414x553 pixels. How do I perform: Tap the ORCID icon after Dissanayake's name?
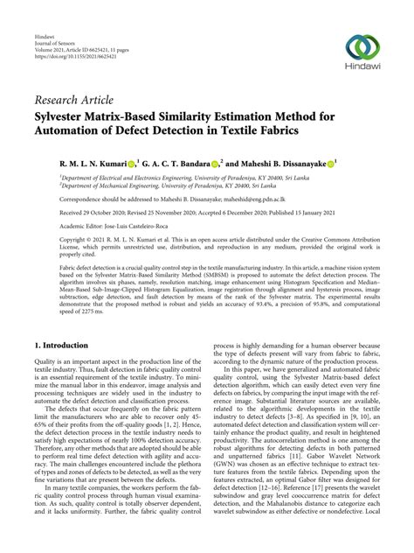click(331, 164)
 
